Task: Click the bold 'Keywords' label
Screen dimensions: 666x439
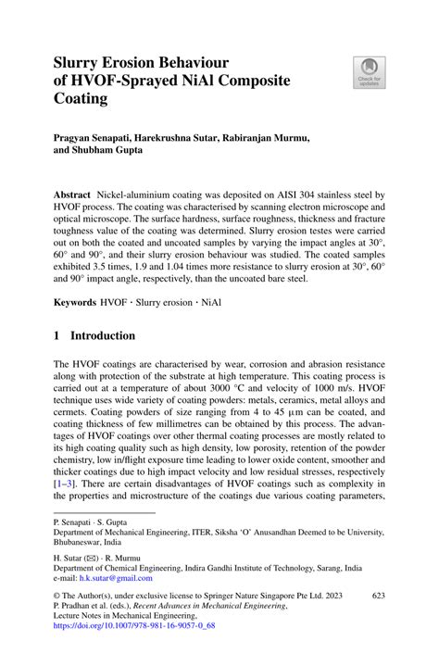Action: pos(75,302)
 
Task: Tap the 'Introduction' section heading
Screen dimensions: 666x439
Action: pos(103,335)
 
